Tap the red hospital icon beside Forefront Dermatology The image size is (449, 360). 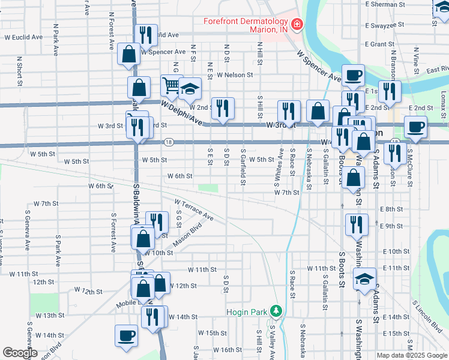pos(296,25)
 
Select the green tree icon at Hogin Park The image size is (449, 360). pos(276,311)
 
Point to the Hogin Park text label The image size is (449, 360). pos(246,311)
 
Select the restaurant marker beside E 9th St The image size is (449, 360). pos(357,224)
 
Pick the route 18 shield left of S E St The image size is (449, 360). pos(169,142)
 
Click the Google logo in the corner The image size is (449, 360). pos(20,353)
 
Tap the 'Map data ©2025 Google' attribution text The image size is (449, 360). pos(412,355)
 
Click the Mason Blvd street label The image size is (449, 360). pos(186,235)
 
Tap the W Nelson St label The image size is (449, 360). pos(235,75)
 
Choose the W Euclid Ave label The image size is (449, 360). pos(25,37)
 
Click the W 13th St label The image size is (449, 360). pos(50,315)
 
